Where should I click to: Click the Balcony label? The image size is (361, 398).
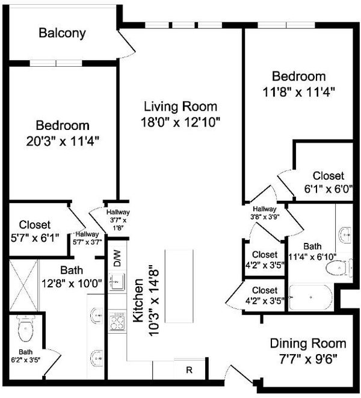tap(62, 33)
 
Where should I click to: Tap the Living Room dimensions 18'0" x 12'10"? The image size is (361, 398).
tap(180, 122)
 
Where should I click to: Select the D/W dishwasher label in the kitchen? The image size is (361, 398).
tap(117, 258)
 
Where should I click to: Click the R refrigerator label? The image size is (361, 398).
tap(190, 370)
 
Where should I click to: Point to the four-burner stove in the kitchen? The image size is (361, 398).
tap(117, 322)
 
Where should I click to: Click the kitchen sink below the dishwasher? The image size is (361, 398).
tap(117, 281)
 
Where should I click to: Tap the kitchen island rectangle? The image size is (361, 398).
tap(179, 286)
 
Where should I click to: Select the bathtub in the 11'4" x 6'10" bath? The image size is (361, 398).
tap(310, 298)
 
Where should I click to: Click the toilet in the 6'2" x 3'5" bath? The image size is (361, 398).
tap(26, 328)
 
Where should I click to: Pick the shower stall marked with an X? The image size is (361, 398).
tap(23, 285)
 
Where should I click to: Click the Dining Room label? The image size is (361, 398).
tap(308, 344)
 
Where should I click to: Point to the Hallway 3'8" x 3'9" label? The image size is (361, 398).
tap(265, 213)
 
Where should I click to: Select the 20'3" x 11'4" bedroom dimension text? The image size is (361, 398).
tap(62, 141)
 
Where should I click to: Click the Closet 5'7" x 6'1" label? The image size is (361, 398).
tap(35, 231)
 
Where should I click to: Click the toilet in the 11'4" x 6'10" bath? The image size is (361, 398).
tap(337, 268)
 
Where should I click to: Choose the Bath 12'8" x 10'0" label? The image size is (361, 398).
tap(72, 277)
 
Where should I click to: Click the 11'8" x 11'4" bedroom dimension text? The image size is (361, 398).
tap(299, 92)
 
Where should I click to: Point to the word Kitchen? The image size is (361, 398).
tap(138, 301)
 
